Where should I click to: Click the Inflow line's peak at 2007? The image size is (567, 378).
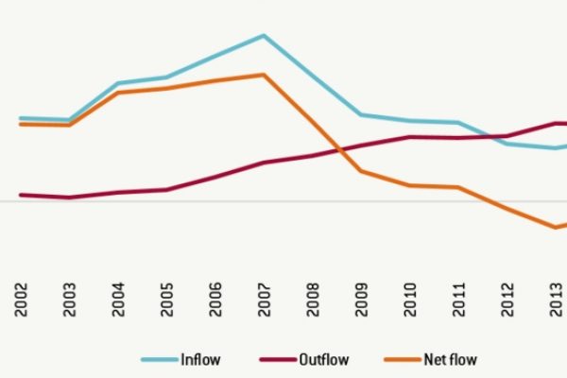[265, 36]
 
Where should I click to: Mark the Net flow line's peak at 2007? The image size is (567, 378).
[265, 75]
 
